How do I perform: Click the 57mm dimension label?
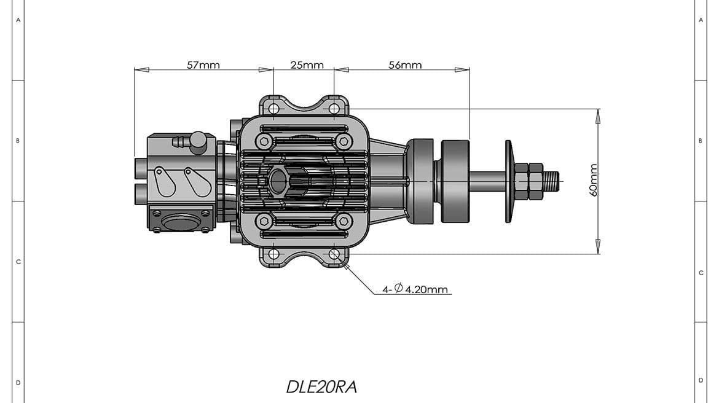pos(203,65)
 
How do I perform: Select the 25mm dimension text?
pos(307,65)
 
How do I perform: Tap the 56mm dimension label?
pos(405,65)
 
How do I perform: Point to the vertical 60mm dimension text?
pos(594,180)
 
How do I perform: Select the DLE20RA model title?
pos(321,387)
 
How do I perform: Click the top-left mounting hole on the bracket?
pos(273,109)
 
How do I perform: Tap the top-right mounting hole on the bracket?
pos(334,109)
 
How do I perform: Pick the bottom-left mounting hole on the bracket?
pos(273,253)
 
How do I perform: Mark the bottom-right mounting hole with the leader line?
pos(334,253)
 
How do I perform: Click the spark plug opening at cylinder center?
pos(278,181)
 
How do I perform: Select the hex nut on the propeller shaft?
pos(528,181)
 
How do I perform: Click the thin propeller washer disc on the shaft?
pos(509,181)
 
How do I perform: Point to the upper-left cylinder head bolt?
pos(264,141)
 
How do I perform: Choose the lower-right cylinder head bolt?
pos(344,221)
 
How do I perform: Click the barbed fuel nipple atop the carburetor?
pos(179,143)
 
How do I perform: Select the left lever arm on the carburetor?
pos(162,180)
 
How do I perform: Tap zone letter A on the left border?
pos(18,20)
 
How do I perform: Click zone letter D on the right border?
pos(701,380)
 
